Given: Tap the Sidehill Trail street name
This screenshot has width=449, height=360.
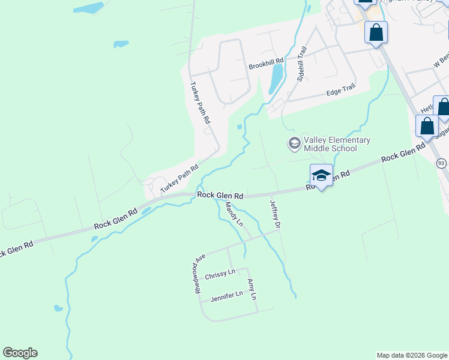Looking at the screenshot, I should click(x=304, y=64).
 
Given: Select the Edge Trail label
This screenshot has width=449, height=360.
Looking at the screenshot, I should click(x=340, y=91).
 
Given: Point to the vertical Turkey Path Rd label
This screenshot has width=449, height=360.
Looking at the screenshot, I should click(x=200, y=103).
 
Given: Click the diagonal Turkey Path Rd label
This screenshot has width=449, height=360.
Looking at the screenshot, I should click(x=179, y=179).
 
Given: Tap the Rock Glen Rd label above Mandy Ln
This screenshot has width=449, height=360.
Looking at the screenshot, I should click(x=220, y=196).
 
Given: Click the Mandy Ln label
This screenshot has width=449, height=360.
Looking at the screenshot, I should click(x=234, y=214).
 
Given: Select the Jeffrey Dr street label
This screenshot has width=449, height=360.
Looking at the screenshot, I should click(x=276, y=215).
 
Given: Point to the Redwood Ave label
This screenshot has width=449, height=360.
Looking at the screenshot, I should click(x=199, y=273).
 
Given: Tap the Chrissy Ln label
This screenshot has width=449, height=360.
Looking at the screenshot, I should click(x=220, y=274).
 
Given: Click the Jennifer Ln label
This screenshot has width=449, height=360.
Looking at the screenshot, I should click(x=226, y=295).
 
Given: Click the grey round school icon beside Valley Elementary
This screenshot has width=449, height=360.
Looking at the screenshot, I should click(x=294, y=143).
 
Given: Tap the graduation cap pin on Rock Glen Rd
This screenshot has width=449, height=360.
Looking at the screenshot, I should click(x=321, y=175).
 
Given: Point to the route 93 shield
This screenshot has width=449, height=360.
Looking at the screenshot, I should click(x=441, y=163).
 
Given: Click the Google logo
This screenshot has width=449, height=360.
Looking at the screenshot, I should click(x=20, y=353).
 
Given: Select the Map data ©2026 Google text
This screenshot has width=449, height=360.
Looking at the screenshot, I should click(x=412, y=355).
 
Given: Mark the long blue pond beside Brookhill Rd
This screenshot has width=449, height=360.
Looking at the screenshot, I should click(x=276, y=79).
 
